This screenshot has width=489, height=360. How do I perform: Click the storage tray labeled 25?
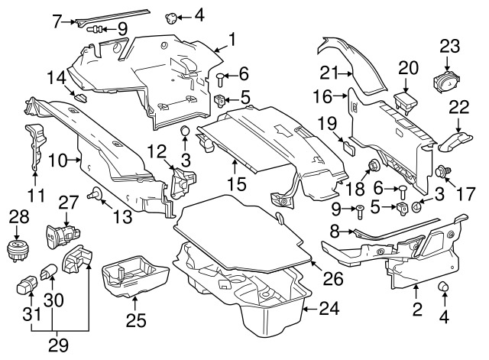point(136,277)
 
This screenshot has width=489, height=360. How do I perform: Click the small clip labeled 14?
point(79,96)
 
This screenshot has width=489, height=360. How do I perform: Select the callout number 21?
point(351,73)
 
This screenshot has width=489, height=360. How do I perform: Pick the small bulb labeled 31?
point(24,287)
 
